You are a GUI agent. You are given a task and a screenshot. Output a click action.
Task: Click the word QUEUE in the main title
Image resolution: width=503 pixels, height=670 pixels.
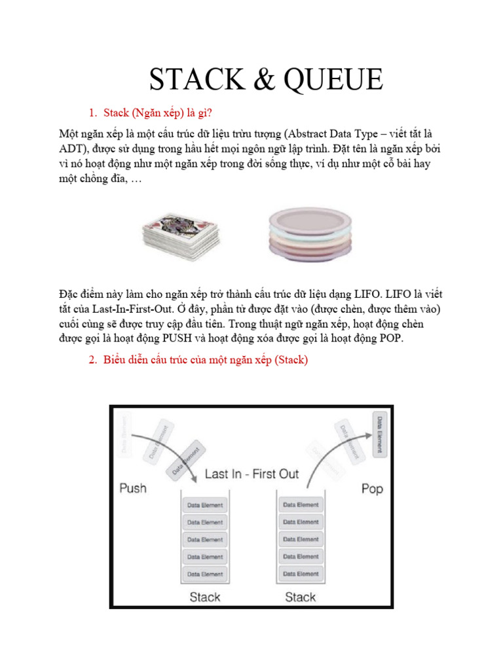(331, 80)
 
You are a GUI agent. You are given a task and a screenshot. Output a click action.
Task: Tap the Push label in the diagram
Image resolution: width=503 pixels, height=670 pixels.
(133, 488)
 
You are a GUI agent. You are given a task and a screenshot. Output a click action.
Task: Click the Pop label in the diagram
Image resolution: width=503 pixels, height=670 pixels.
(372, 489)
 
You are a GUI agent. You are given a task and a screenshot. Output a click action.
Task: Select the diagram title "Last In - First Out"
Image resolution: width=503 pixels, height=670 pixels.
(251, 474)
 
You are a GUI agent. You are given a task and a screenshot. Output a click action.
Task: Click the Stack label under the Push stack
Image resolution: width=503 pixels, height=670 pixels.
(205, 597)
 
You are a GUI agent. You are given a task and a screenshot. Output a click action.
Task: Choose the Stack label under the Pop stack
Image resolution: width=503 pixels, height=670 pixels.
(301, 597)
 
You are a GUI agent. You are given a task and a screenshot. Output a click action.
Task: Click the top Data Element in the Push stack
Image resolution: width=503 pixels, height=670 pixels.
(205, 505)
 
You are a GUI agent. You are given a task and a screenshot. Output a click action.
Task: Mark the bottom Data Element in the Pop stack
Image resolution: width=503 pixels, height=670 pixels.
(301, 574)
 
